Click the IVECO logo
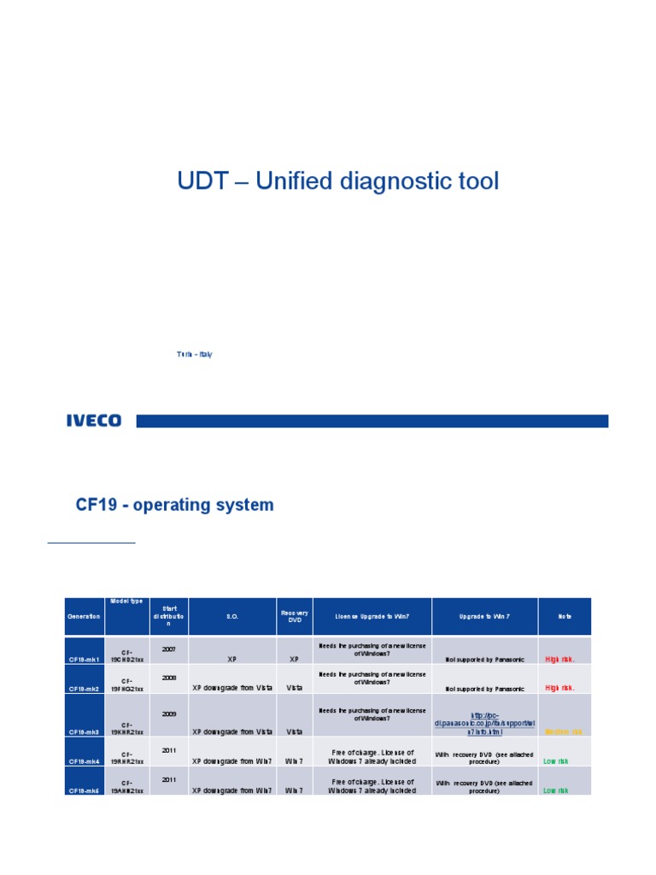point(94,420)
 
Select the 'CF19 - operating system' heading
point(175,505)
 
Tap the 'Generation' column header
point(84,617)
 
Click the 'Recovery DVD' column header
point(294,617)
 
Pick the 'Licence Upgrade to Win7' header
point(372,617)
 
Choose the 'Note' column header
point(565,617)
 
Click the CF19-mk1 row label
point(85,660)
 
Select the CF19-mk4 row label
point(85,761)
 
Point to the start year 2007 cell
point(168,649)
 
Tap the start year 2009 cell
point(168,712)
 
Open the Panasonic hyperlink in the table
point(484,724)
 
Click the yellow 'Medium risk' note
point(564,732)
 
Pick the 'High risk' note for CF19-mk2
point(560,688)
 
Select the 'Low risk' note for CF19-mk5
point(556,790)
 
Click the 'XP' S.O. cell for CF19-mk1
point(231,660)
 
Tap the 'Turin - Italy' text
point(195,355)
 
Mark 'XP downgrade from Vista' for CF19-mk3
point(232,732)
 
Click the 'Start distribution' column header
point(168,617)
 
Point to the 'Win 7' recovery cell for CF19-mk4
point(294,761)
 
